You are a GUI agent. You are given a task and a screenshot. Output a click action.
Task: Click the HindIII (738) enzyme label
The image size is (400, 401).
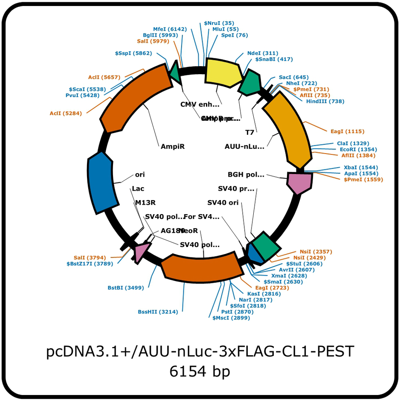point(325,102)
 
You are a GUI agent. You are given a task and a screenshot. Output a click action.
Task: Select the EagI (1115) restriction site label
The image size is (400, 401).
point(348,131)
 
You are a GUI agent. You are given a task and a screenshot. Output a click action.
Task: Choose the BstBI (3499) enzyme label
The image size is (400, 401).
point(126,288)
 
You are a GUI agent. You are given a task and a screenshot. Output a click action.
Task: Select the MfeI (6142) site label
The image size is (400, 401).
point(170,29)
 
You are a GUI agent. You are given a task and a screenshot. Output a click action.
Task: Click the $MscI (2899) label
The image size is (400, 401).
point(231,318)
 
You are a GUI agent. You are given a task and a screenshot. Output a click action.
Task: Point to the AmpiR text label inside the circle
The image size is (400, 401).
point(172,146)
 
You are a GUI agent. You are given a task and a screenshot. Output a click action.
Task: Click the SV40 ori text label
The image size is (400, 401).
point(223,202)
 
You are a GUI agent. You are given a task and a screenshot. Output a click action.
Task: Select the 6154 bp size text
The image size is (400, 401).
point(200,371)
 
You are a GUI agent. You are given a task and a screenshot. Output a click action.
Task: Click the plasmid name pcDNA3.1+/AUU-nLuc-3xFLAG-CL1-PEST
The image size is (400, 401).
point(200,352)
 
